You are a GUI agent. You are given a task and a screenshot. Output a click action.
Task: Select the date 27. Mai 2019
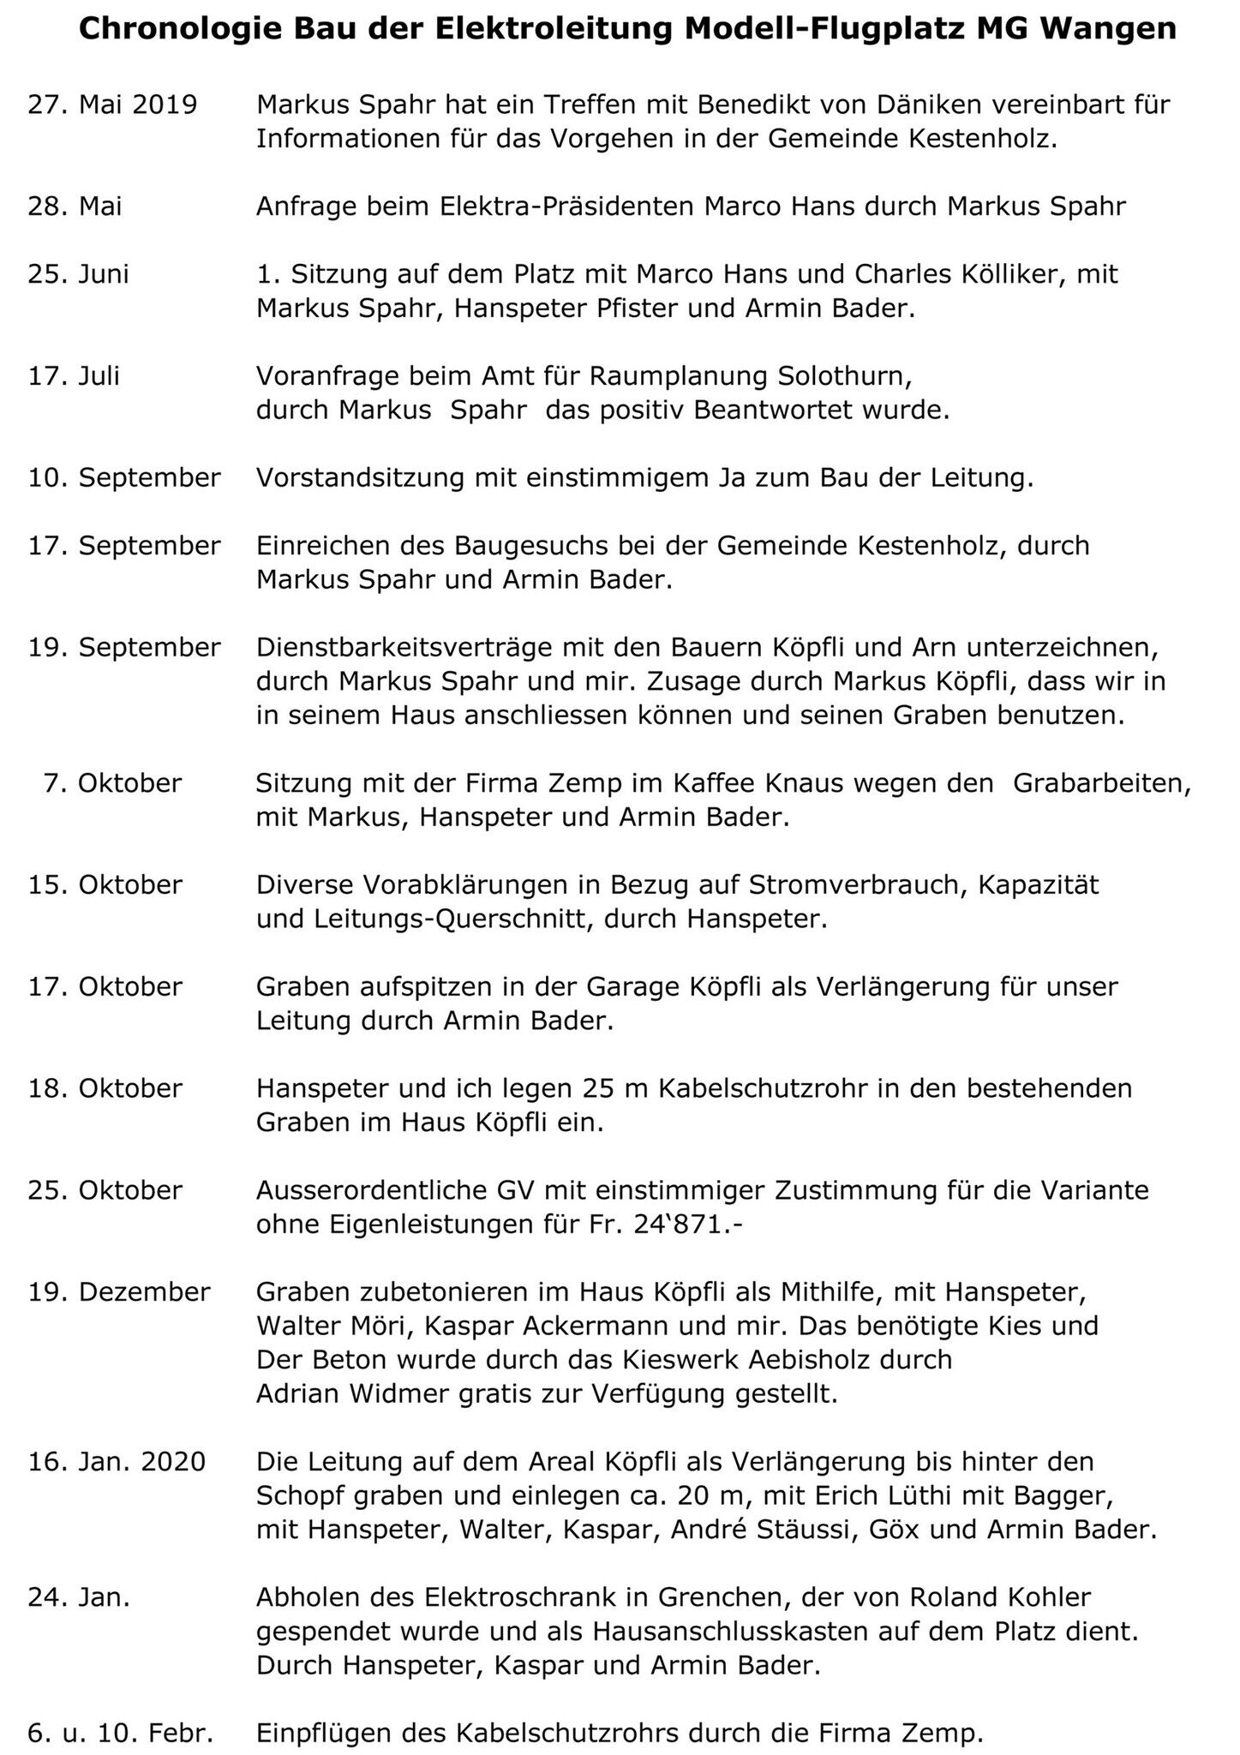[113, 105]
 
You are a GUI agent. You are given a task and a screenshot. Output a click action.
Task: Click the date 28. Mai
[75, 207]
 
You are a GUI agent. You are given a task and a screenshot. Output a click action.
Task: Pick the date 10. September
[124, 477]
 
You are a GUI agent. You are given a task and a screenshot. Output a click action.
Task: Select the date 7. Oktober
[113, 783]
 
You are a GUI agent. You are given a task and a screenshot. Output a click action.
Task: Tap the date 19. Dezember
[119, 1292]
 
